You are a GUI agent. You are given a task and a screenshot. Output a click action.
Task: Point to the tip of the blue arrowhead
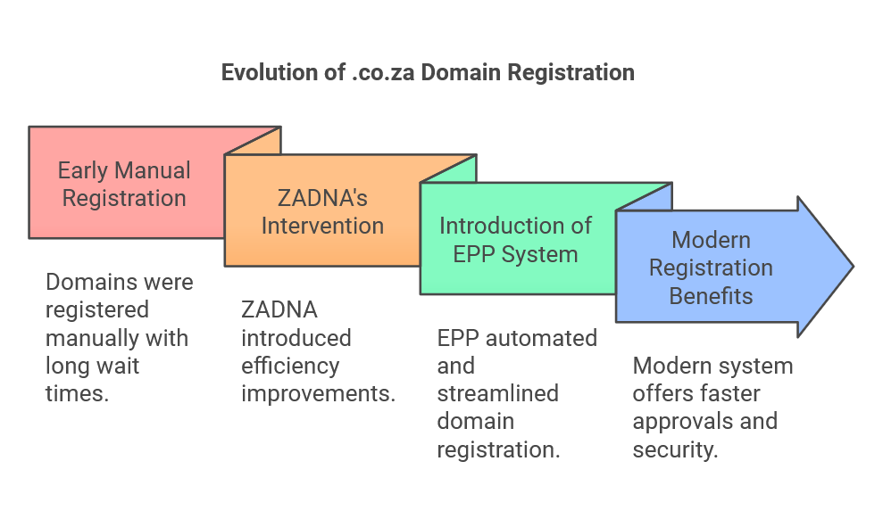pyautogui.click(x=853, y=267)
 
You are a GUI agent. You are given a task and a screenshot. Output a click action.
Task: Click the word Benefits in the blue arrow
pyautogui.click(x=711, y=295)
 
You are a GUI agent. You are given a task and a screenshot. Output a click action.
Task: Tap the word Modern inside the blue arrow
pyautogui.click(x=711, y=239)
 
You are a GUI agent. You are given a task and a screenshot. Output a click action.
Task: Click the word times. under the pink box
pyautogui.click(x=77, y=393)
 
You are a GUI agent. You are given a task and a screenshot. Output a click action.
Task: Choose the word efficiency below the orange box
pyautogui.click(x=290, y=366)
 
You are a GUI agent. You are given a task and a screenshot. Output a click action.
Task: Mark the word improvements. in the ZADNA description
pyautogui.click(x=318, y=393)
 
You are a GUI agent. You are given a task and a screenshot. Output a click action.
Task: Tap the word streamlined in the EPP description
pyautogui.click(x=497, y=393)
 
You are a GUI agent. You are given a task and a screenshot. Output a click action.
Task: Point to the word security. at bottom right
pyautogui.click(x=675, y=449)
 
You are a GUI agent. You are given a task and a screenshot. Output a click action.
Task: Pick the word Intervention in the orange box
pyautogui.click(x=322, y=225)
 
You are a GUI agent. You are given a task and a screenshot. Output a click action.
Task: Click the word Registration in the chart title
pyautogui.click(x=571, y=72)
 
